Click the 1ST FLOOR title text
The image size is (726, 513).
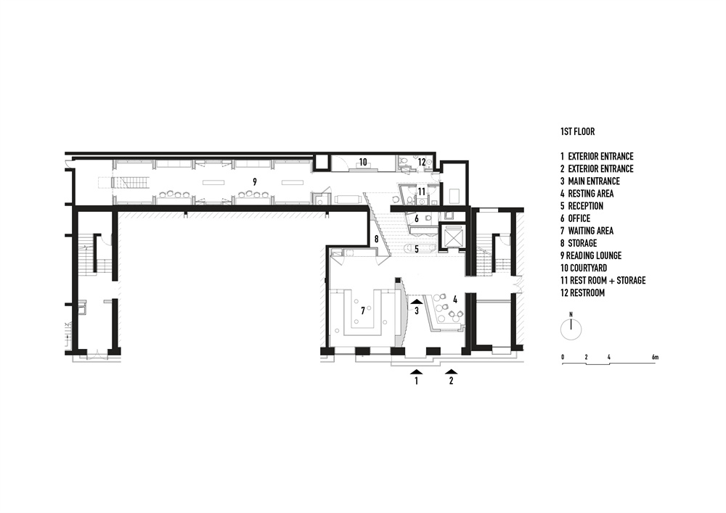577,132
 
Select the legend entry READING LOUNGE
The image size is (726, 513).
594,256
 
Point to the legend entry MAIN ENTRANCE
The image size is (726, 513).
594,181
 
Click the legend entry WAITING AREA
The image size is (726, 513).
591,231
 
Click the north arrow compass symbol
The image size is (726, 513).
571,328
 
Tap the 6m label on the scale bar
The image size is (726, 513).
655,357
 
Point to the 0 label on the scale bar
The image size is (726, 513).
563,357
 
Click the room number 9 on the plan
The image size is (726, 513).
255,182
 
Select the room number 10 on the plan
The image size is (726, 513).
363,162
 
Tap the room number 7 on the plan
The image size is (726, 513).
363,311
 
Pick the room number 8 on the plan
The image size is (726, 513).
376,239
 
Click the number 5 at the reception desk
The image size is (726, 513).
417,250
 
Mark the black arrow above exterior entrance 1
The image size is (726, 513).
417,371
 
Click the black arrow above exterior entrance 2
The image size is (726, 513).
452,371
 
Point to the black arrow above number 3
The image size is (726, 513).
417,302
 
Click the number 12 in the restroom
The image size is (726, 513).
422,163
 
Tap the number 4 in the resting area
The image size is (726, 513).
455,300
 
